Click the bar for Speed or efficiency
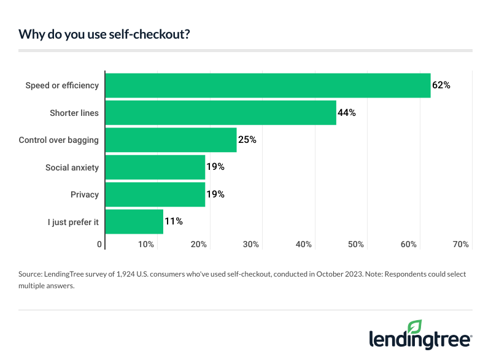268,85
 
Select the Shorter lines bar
221,113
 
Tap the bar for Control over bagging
171,140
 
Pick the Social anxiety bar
155,167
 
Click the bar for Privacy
155,194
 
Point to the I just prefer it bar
134,221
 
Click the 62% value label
441,85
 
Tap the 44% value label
347,113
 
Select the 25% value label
247,140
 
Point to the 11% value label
173,221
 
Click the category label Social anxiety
72,167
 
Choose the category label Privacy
85,194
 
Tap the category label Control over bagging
59,140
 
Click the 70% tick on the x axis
461,245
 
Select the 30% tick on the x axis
250,245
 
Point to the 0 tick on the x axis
100,245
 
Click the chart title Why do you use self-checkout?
104,34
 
